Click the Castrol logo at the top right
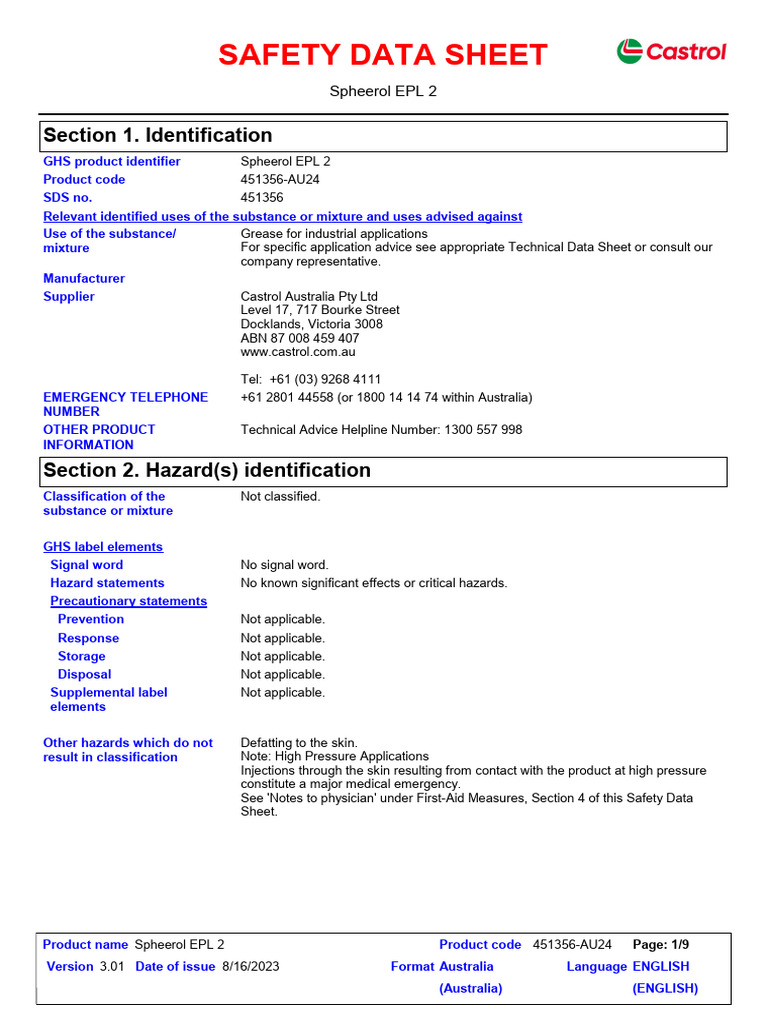coord(671,51)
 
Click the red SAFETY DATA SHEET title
coord(383,55)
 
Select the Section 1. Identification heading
coord(156,135)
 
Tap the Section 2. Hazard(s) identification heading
coord(206,470)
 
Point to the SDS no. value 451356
coord(262,198)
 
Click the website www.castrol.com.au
coord(298,352)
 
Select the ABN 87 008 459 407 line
coord(300,338)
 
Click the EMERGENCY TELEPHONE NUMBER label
coord(125,404)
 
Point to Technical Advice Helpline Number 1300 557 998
coord(381,430)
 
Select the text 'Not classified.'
coord(281,496)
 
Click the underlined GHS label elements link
coord(103,547)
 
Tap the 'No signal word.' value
coord(285,565)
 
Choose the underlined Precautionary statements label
coord(128,601)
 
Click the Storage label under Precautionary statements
coord(81,656)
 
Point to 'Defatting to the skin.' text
coord(299,743)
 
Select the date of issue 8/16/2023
coord(251,966)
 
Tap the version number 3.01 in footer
coord(112,966)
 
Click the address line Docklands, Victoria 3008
coord(311,324)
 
